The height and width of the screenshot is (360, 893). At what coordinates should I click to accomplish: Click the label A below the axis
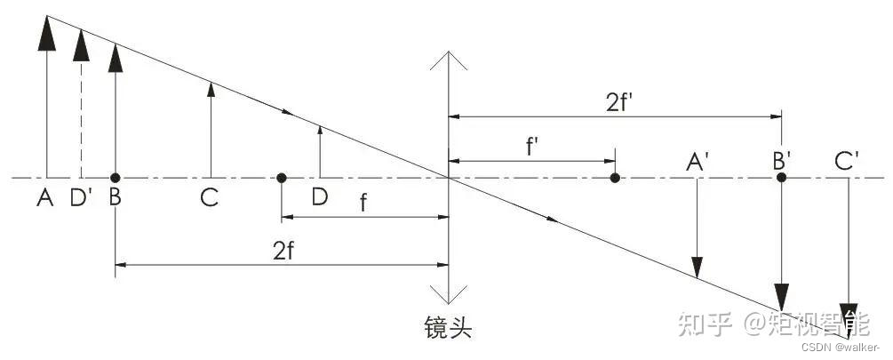pos(44,198)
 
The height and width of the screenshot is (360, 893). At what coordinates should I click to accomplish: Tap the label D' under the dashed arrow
pos(82,198)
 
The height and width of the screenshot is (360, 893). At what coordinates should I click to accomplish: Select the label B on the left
pos(115,198)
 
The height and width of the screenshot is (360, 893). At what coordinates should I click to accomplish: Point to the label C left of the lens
pos(210,198)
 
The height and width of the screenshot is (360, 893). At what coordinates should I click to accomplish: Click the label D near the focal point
pos(319,197)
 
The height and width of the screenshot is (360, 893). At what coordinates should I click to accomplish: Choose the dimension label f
pos(363,202)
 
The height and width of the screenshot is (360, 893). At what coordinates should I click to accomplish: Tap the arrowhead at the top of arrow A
pos(45,32)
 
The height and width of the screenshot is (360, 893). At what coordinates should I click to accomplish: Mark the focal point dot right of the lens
pos(615,178)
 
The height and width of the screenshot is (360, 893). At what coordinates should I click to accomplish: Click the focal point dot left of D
pos(281,178)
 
